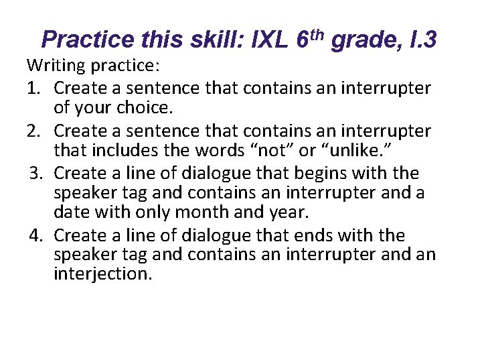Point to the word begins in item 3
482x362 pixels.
click(321, 174)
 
